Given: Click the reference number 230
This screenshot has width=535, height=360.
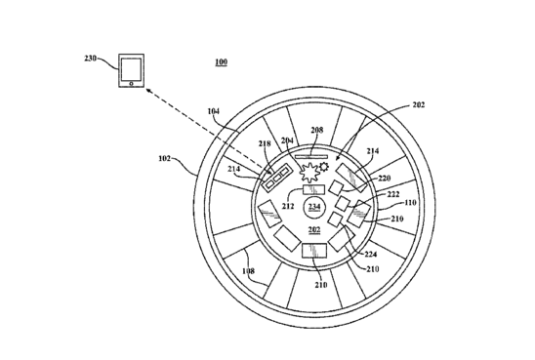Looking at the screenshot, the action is (91, 59).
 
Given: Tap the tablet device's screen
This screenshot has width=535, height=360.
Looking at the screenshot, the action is (132, 69).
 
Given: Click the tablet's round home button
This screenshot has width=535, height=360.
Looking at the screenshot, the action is (132, 84).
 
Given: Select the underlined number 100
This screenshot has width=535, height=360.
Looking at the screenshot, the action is (221, 61).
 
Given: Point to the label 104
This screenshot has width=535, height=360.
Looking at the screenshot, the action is (214, 111).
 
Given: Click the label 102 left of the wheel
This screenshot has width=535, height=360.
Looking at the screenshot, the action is (164, 158).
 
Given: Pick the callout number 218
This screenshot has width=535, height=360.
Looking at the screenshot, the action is (265, 143).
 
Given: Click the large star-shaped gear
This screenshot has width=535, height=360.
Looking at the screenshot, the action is (309, 173).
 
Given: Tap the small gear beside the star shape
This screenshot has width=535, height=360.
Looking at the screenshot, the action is (324, 167).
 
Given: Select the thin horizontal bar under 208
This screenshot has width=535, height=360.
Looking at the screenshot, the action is (311, 157).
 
